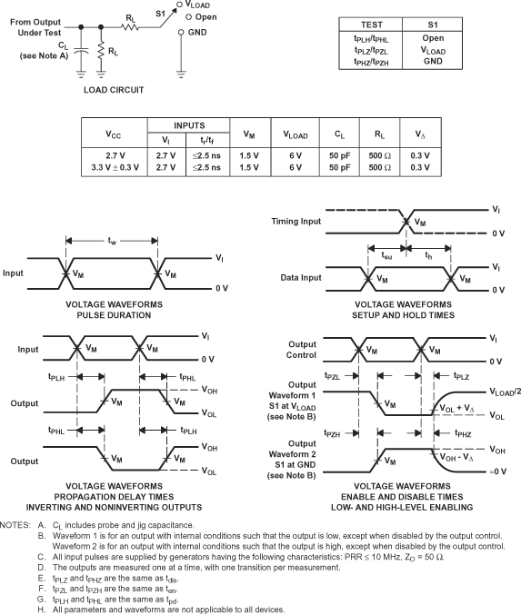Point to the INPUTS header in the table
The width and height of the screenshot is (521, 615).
196,127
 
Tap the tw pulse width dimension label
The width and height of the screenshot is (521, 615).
112,242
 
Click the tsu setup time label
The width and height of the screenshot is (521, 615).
387,255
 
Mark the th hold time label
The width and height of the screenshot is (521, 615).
429,255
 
